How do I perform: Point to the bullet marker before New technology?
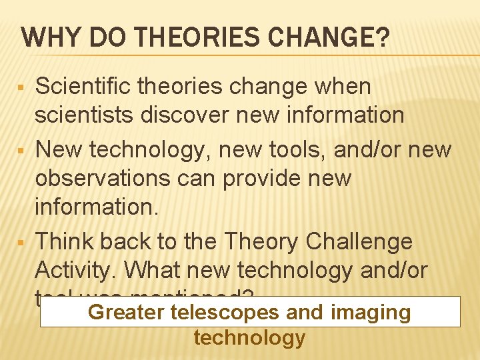point(21,151)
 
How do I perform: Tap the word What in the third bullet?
point(151,271)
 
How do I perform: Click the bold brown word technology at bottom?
point(249,338)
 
